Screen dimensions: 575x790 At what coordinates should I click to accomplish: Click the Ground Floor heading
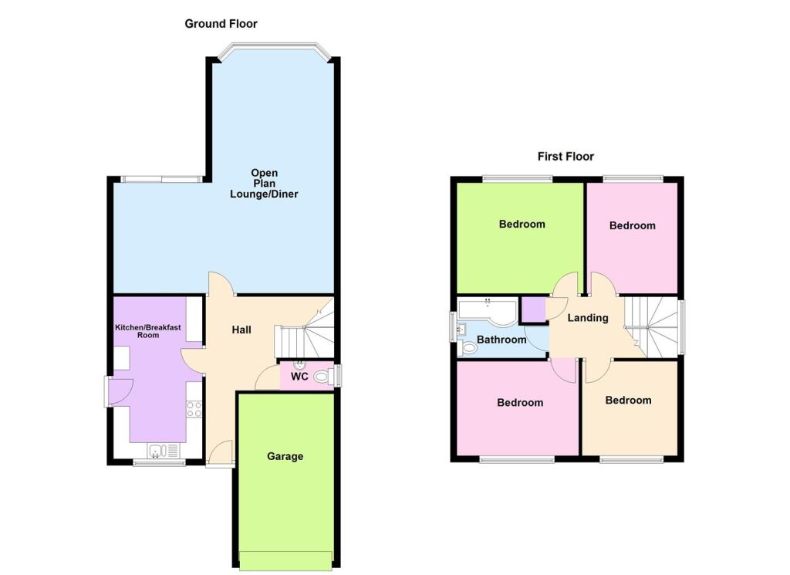[221, 24]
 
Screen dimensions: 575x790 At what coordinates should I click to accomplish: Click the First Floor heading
[565, 157]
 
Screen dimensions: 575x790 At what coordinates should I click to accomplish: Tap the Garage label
[285, 456]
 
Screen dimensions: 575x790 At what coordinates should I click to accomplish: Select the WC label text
[299, 377]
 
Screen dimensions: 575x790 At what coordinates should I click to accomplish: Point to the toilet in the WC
[322, 377]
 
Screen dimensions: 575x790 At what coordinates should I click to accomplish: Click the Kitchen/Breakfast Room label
[148, 331]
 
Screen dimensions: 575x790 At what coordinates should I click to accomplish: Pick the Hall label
[241, 330]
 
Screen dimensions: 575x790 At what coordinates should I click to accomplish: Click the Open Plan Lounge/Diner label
[264, 183]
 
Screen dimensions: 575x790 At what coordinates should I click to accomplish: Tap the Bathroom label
[501, 340]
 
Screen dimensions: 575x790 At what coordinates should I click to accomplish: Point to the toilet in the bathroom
[468, 349]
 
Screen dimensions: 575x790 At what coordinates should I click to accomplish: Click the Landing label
[588, 318]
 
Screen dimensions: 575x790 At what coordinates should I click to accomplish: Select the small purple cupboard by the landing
[532, 309]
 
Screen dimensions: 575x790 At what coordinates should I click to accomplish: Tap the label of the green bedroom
[522, 225]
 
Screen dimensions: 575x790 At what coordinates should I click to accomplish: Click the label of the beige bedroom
[628, 401]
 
